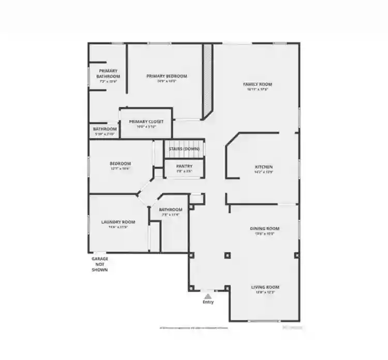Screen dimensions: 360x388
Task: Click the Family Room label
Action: [258, 84]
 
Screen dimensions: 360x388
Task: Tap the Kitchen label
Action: [263, 167]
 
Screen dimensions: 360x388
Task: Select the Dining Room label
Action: [264, 228]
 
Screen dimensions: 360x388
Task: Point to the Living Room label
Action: [265, 287]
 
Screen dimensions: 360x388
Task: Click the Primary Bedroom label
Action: [167, 76]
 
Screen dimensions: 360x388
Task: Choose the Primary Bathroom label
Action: [108, 74]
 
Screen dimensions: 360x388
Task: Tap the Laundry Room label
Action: [118, 222]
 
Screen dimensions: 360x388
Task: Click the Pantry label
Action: [184, 166]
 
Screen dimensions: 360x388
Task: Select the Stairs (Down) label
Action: [184, 149]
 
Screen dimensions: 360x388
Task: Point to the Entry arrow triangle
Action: [208, 296]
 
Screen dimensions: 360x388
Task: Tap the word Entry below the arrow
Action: [208, 302]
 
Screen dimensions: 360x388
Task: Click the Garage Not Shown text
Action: [100, 264]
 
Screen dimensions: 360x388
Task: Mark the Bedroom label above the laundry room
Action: [120, 163]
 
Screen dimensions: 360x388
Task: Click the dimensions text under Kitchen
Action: [263, 172]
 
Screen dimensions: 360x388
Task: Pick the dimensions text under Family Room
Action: [258, 89]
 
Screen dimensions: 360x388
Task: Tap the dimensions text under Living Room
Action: [265, 292]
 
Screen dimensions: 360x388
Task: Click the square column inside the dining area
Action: [227, 255]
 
